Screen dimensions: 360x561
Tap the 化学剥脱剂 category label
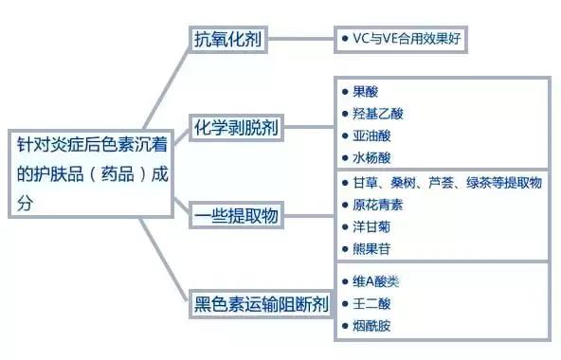pos(238,127)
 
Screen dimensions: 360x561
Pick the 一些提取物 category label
pos(238,214)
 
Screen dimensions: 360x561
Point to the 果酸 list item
pos(365,92)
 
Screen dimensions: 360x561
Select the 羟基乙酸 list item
pos(377,114)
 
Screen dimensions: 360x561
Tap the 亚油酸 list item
pos(371,135)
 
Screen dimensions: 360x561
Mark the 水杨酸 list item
pos(371,158)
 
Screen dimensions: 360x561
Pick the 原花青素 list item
pos(377,205)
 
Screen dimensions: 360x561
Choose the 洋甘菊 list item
pos(371,226)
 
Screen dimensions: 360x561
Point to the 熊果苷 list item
pos(371,248)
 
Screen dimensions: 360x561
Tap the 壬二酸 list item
pos(371,303)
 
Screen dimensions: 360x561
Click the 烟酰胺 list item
pos(371,326)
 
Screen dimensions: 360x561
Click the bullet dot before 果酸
pos(344,92)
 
